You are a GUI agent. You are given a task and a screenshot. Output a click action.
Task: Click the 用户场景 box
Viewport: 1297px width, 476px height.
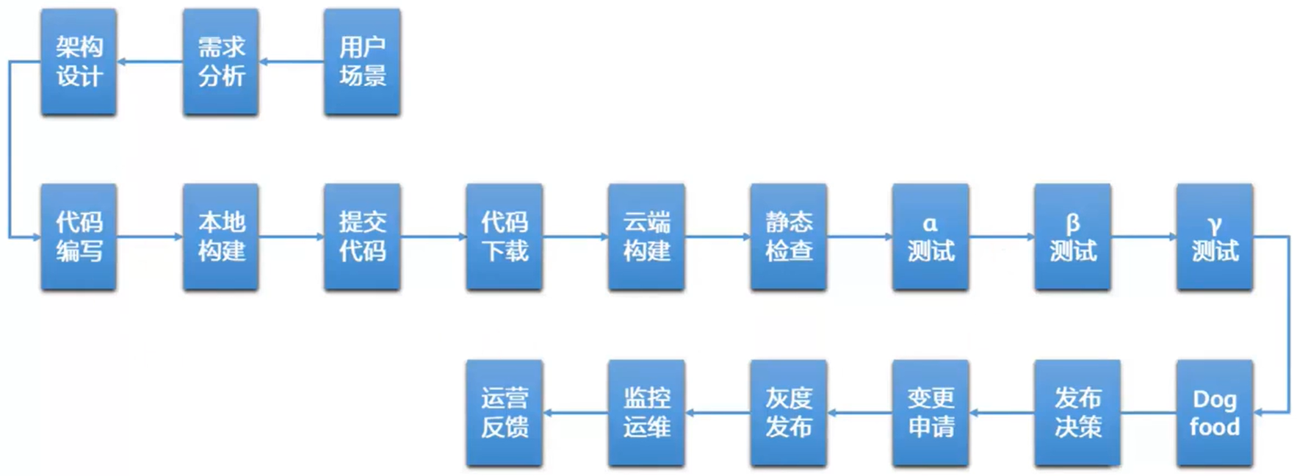[x=362, y=62]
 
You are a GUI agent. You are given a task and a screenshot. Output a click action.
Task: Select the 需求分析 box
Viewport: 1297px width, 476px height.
[x=220, y=62]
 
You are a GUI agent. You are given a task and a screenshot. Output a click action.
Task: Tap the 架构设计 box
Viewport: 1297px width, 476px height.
[x=79, y=62]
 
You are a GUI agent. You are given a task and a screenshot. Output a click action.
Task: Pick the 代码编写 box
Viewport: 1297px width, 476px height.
[x=79, y=237]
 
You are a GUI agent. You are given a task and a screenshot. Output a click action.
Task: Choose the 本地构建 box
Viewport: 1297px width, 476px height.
[x=220, y=237]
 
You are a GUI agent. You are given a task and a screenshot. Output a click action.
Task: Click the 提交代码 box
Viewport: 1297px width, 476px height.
[x=362, y=237]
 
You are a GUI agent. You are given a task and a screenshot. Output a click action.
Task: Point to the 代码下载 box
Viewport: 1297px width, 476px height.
[x=505, y=237]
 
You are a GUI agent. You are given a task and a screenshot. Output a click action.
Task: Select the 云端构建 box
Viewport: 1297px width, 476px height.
[x=646, y=237]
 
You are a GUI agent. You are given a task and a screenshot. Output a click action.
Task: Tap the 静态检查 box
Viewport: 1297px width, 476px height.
[x=789, y=237]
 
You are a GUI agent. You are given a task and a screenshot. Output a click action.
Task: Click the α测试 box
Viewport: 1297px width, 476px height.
[x=931, y=237]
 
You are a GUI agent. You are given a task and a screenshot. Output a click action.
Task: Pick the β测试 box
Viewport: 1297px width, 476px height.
[x=1072, y=237]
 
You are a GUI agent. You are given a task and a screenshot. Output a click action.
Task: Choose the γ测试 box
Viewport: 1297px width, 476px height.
[x=1215, y=237]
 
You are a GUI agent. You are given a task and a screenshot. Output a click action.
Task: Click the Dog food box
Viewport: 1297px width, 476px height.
[x=1215, y=413]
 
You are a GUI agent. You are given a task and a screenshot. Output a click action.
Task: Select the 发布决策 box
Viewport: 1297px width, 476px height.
[x=1077, y=413]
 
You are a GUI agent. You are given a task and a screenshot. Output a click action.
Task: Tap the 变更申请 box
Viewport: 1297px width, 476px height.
[x=931, y=413]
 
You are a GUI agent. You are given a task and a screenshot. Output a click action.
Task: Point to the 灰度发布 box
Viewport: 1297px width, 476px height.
[x=789, y=413]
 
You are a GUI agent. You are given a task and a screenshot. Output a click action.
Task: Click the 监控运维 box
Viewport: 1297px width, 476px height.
[x=646, y=413]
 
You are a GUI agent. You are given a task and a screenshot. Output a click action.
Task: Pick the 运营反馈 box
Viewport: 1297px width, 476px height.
[x=505, y=413]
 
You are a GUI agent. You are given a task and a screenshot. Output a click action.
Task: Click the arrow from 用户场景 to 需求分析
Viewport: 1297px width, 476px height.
[x=292, y=62]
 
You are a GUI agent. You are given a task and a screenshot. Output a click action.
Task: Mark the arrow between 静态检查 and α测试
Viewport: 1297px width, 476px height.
[x=859, y=237]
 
